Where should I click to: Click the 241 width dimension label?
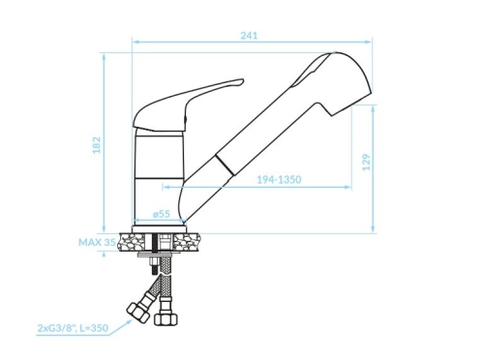249,35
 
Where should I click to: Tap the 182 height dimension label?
97,145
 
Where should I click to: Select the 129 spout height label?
367,163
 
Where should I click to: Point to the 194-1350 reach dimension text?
279,179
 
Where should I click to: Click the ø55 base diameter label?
161,214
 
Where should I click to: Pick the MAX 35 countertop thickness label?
97,242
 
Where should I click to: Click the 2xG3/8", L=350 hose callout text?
73,328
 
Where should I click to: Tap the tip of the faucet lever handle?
242,81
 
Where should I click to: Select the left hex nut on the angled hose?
137,313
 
